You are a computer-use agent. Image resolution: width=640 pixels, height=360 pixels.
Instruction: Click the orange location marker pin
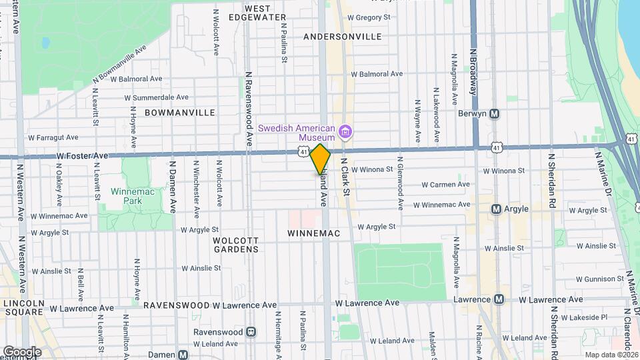click(x=320, y=159)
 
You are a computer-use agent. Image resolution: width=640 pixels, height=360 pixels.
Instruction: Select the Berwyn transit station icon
click(x=495, y=113)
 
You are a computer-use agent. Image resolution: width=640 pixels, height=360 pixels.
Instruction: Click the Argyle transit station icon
click(x=496, y=209)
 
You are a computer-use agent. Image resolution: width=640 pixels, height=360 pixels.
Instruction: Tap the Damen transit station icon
click(x=183, y=354)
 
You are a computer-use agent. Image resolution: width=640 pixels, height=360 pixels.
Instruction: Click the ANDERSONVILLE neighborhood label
click(x=342, y=37)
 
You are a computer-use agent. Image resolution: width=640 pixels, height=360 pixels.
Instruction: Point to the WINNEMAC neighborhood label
click(x=314, y=233)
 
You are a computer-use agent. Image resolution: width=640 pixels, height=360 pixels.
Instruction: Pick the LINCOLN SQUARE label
click(x=23, y=308)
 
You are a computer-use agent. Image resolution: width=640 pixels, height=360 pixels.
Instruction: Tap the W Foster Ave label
click(x=82, y=155)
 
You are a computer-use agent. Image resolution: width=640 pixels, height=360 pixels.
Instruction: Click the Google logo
click(x=21, y=351)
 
